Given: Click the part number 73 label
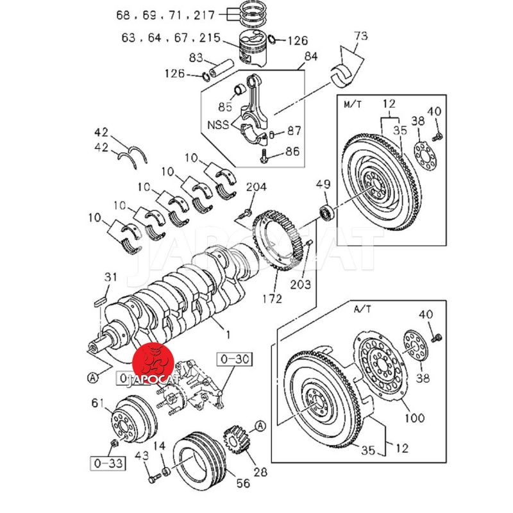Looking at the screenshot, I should (x=361, y=36).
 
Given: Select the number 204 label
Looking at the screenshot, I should (x=256, y=188).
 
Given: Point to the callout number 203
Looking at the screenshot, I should (x=301, y=283).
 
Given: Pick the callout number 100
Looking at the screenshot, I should (x=415, y=418).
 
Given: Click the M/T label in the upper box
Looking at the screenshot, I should (x=353, y=104).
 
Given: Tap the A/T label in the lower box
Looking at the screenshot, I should (x=363, y=309).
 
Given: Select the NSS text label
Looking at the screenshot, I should (x=217, y=124).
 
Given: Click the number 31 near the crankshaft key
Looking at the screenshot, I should (x=111, y=276).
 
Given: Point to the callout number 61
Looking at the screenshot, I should (x=97, y=402).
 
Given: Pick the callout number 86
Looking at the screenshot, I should (x=292, y=152).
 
